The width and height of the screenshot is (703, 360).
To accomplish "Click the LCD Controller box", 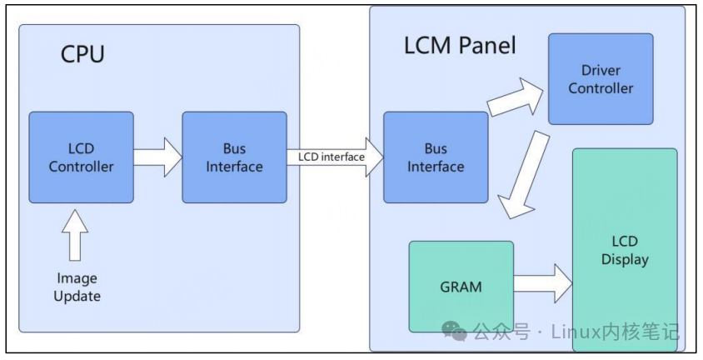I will (x=81, y=157).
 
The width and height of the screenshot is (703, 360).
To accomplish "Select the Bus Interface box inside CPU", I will (x=234, y=157).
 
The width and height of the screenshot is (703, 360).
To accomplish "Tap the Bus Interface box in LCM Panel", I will (x=436, y=157).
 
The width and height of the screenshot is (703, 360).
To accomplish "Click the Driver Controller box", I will (x=601, y=78).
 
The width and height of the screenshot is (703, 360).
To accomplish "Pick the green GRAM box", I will (x=461, y=286).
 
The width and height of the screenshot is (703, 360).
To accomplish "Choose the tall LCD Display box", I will (x=625, y=250).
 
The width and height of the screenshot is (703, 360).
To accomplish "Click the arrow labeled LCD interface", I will (x=333, y=157).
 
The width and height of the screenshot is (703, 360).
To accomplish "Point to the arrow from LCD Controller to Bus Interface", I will (x=157, y=157).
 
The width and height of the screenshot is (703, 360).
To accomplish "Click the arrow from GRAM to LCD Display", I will (x=542, y=282).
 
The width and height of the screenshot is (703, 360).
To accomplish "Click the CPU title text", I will (x=83, y=54).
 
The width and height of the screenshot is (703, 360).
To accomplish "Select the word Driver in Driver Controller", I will (x=601, y=70).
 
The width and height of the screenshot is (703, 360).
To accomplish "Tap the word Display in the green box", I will (x=625, y=259).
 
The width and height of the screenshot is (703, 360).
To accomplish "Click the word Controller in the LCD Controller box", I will (x=81, y=166).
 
